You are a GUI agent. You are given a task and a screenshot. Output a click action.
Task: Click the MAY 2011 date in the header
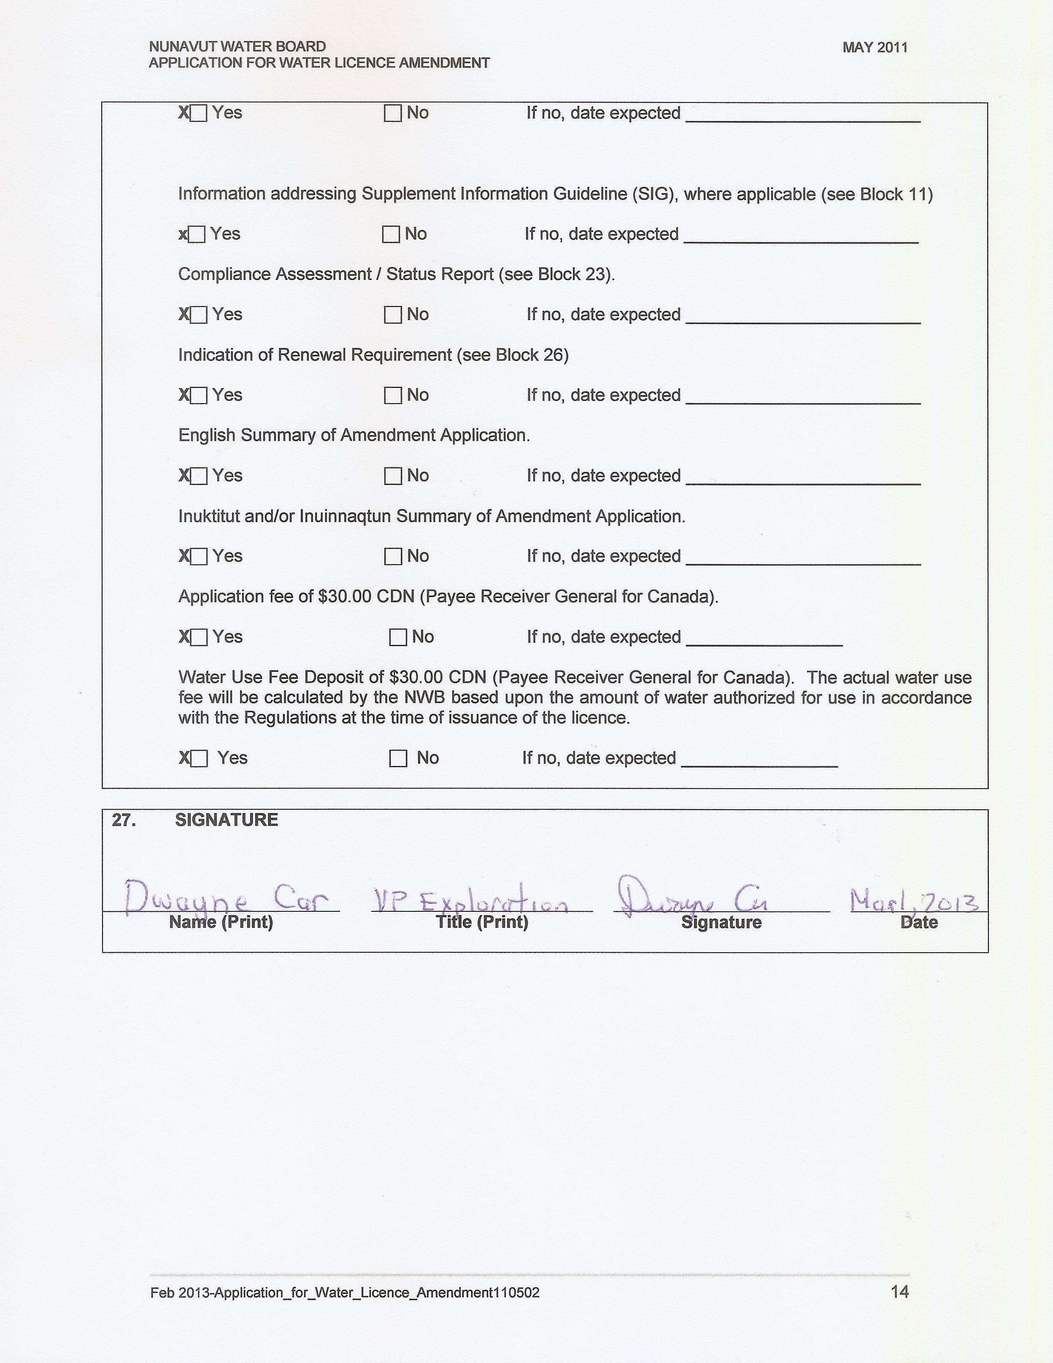tap(875, 47)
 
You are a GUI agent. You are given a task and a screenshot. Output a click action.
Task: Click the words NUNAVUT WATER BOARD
tap(237, 46)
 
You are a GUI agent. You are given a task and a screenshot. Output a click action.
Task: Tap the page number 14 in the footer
tap(899, 1291)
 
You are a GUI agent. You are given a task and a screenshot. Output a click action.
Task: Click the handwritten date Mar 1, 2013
tap(914, 900)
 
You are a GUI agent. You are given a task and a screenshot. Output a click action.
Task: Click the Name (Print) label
tap(221, 922)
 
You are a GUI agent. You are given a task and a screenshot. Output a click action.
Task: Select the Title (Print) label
tap(482, 922)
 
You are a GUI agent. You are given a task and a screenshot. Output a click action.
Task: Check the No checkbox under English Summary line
tap(393, 476)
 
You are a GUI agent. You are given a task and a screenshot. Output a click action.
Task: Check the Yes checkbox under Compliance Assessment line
tap(198, 315)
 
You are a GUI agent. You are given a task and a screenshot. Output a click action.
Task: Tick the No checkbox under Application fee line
tap(397, 637)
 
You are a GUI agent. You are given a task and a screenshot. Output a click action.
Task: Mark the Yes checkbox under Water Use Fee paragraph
tap(199, 758)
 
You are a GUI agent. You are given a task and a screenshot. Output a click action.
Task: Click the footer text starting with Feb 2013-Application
tap(345, 1293)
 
